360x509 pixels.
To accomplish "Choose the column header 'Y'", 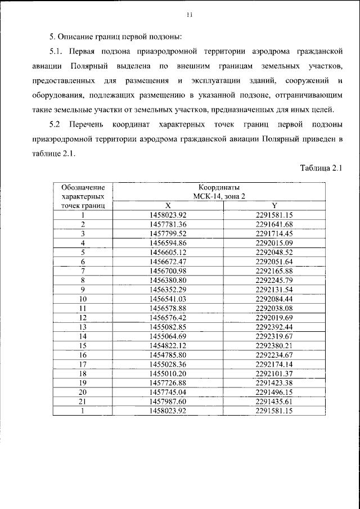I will point(274,206).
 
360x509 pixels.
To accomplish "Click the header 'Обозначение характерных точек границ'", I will point(83,196).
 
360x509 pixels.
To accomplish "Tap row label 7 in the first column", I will point(83,271).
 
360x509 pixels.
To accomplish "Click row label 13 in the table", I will point(83,326).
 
